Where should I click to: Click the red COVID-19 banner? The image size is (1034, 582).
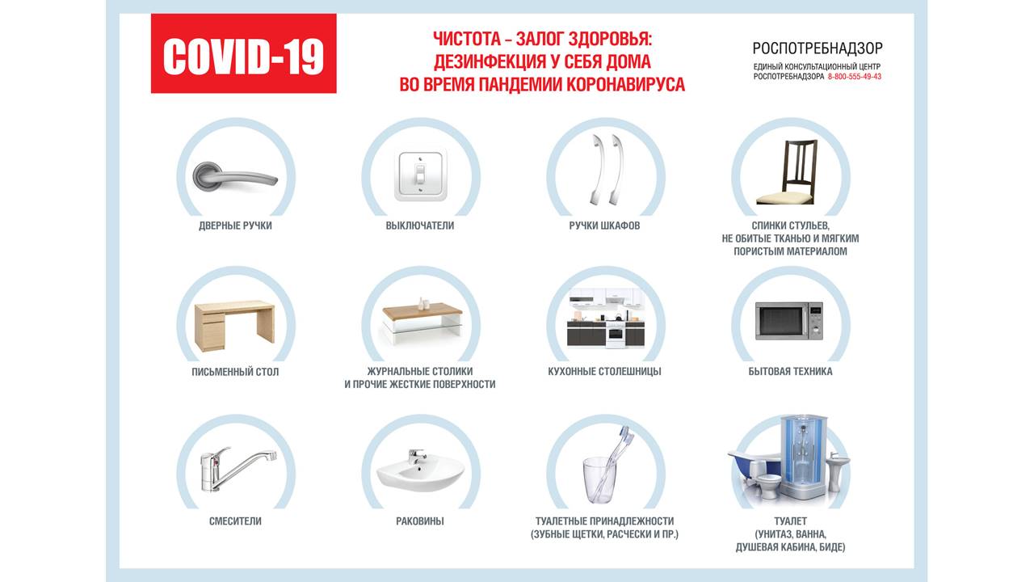coord(244,53)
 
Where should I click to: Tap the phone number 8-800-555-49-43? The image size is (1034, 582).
coord(855,77)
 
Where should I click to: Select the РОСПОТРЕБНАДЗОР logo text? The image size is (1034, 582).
coord(818,48)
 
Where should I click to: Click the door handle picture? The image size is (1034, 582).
coord(235,176)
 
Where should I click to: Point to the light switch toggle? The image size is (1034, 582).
coord(420,175)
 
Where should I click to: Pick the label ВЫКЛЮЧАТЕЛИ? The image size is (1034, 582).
coord(420,226)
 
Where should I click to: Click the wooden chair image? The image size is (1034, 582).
coord(787,172)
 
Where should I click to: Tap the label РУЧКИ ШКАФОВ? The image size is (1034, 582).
coord(605,226)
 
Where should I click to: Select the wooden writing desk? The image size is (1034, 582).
coord(235,326)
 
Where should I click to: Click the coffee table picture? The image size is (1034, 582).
coord(422,321)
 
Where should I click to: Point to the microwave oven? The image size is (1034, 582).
coord(789,321)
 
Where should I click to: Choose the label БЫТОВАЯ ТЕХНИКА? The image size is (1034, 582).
coord(790,371)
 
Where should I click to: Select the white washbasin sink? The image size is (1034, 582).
coord(420,471)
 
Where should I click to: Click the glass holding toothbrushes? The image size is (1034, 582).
coord(599,479)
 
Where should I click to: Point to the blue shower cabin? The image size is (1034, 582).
coord(804,458)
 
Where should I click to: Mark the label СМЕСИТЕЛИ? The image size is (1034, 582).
coord(235,521)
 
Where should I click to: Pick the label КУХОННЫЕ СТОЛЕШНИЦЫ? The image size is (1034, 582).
coord(605,371)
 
